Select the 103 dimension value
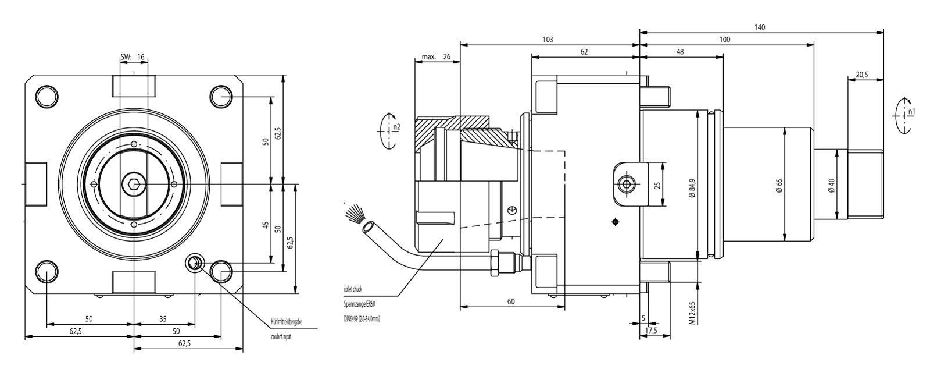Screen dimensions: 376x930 [547, 40]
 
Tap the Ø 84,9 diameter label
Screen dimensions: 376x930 [692, 185]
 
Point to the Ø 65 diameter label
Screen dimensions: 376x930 [779, 185]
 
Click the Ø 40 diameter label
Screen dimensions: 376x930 [831, 185]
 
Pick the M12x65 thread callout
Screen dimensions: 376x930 [692, 313]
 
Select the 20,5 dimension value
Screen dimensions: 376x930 [862, 75]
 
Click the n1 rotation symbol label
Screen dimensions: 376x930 [911, 111]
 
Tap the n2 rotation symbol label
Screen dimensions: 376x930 [396, 126]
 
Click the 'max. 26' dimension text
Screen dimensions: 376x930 [437, 57]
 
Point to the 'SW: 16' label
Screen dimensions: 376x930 [133, 57]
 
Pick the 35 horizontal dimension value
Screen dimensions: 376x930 [163, 318]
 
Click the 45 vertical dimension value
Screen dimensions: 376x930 [266, 225]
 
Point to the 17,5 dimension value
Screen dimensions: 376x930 [652, 331]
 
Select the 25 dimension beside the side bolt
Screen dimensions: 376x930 [657, 185]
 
